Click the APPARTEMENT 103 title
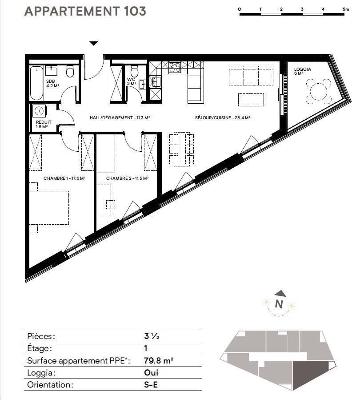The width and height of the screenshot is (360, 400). coord(85,11)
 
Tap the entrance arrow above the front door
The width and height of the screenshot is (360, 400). coord(94,43)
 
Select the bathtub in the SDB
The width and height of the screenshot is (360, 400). coord(36,83)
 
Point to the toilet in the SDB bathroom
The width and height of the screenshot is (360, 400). coord(70,71)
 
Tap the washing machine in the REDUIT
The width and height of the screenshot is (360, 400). coord(39,111)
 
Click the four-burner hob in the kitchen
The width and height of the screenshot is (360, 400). coord(175,67)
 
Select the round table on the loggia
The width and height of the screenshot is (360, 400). coord(318,91)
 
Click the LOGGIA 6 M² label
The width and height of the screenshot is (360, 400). coord(302,71)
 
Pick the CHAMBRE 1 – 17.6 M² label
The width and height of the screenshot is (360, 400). coord(64,178)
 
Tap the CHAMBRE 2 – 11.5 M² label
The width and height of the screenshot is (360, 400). coord(128,178)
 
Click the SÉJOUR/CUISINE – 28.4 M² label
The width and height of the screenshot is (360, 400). coord(223,117)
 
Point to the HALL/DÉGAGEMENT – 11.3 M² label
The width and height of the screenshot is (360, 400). coord(120,117)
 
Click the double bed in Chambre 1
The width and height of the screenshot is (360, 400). coord(49,208)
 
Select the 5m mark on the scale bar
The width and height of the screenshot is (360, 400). coord(346,9)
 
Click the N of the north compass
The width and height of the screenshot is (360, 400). coord(279,304)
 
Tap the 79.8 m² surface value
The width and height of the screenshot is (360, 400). coord(159,360)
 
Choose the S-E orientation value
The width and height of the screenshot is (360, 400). coord(151,384)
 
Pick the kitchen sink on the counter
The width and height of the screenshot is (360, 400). coord(156,82)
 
